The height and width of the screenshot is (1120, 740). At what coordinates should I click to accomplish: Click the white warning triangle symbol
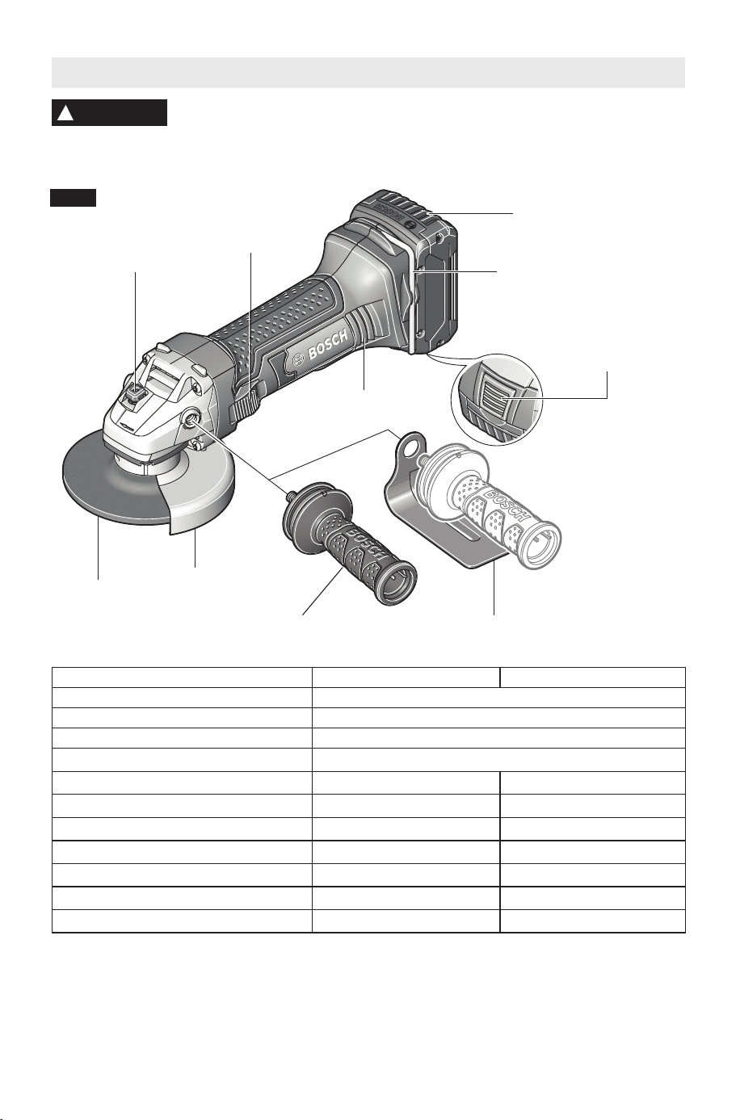click(65, 114)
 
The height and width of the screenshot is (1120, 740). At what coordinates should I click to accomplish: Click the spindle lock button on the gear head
click(136, 396)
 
